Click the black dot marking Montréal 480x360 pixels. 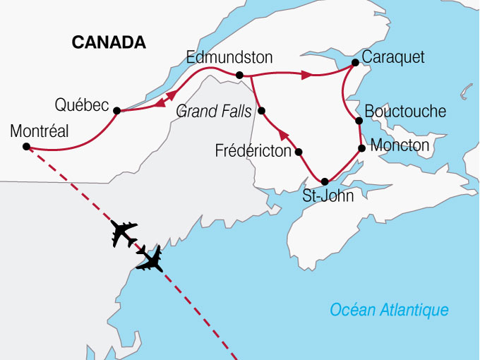[x=26, y=147]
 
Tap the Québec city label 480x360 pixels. [x=80, y=106]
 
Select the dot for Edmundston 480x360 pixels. [x=239, y=75]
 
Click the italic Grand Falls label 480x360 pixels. [x=214, y=111]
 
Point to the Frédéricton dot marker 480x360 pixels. [x=299, y=152]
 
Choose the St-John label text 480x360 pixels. [x=328, y=197]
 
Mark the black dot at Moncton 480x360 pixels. [x=362, y=148]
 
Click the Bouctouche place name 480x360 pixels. [x=405, y=112]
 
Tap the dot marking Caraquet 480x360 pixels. [x=356, y=63]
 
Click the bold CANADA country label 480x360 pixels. [x=109, y=43]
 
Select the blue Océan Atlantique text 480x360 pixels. [x=390, y=310]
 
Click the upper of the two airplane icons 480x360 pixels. [x=124, y=234]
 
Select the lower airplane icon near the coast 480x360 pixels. [x=151, y=258]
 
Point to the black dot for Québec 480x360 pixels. [x=116, y=110]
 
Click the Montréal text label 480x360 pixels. [x=40, y=131]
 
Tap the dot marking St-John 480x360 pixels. [x=325, y=181]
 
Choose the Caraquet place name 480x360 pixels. [x=392, y=57]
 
